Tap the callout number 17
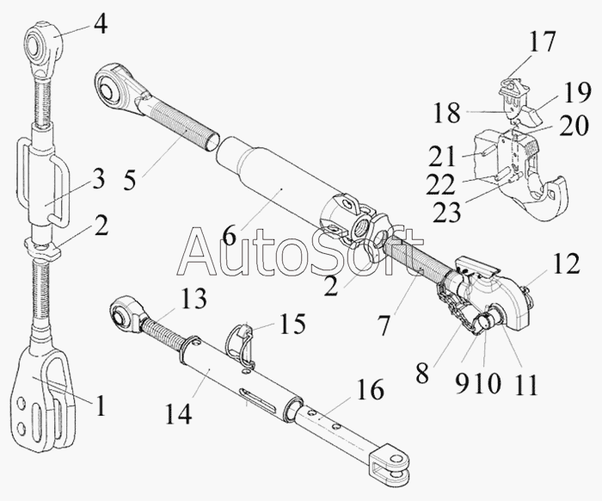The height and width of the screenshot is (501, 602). (543, 42)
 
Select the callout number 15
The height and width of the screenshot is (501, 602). (292, 325)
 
